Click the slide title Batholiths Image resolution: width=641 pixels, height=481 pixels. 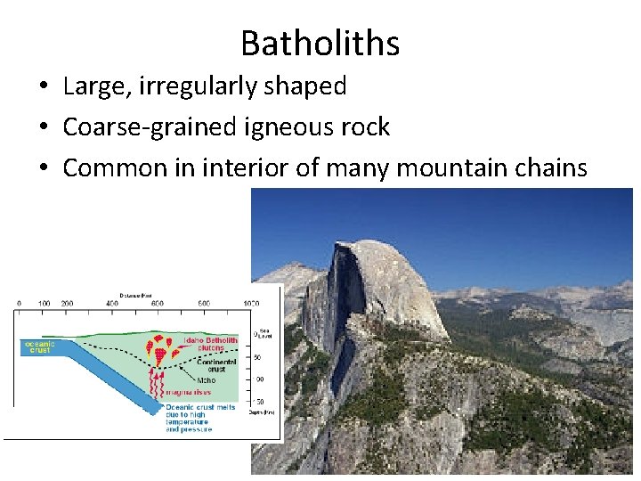click(320, 43)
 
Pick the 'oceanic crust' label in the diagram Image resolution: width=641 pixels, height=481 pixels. click(38, 346)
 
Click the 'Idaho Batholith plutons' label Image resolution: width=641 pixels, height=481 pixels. click(210, 344)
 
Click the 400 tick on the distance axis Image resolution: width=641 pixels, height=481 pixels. click(112, 305)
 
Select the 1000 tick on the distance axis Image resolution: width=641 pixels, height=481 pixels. click(251, 305)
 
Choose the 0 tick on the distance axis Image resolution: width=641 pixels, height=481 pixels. click(20, 305)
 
